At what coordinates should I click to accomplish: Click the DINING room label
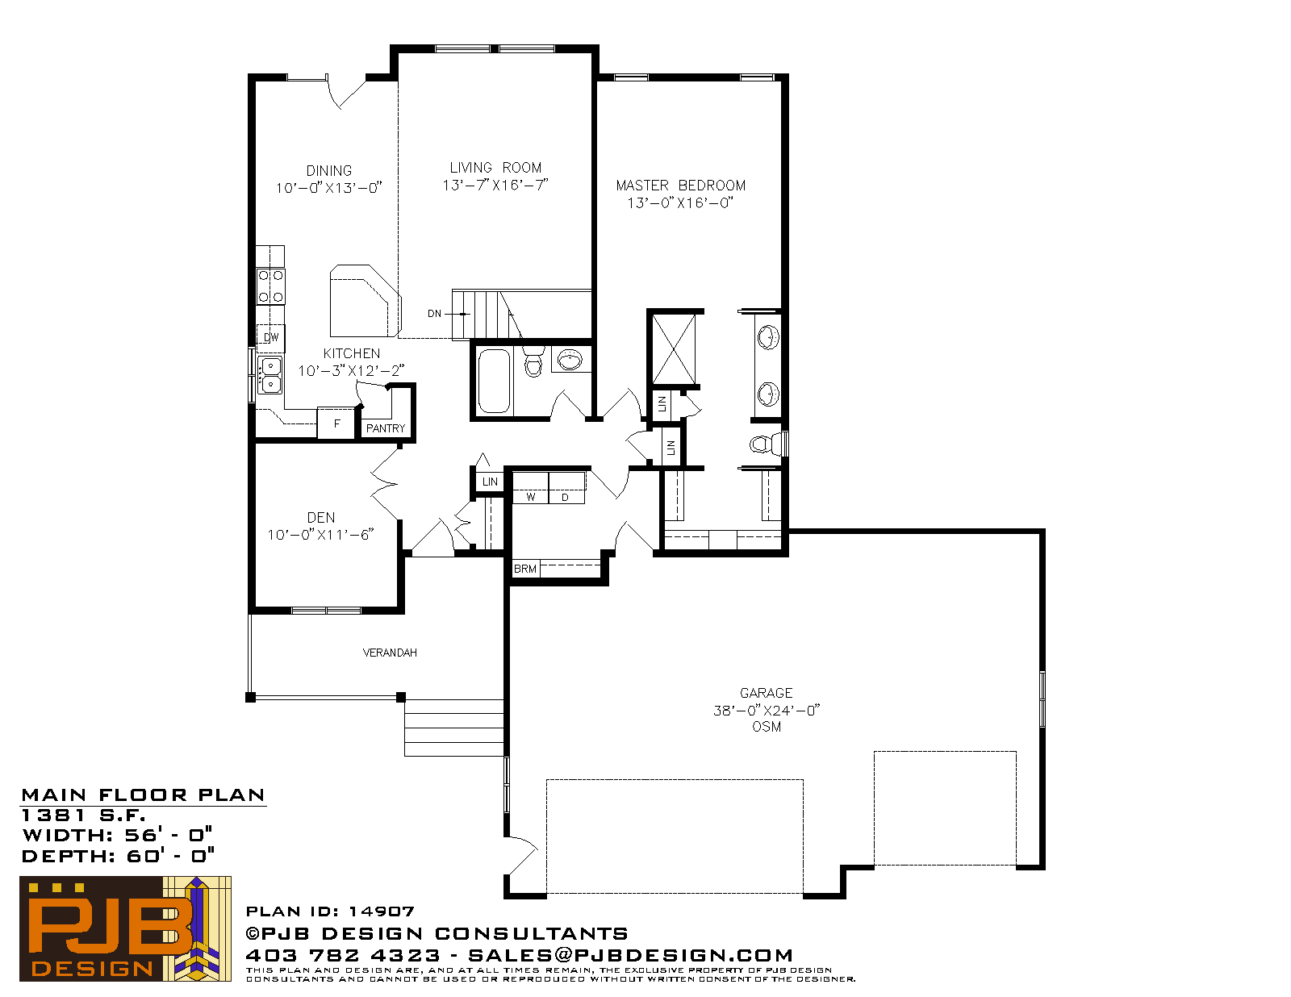328,171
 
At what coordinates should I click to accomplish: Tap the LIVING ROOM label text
495,168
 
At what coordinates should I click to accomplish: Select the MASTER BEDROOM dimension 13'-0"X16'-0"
680,203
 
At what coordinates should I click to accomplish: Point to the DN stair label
434,314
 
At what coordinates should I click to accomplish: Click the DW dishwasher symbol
271,338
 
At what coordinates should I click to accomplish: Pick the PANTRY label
386,428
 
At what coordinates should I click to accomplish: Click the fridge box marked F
336,423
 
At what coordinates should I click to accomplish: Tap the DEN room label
321,518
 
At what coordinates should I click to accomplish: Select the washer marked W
531,489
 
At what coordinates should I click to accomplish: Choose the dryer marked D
566,489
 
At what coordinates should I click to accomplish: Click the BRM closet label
525,569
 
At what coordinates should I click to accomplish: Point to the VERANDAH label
390,653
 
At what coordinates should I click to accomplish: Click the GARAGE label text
767,693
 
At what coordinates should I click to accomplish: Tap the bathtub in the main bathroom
495,381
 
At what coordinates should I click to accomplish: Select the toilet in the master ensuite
767,444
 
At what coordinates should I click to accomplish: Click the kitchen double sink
271,375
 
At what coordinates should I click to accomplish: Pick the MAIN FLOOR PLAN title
143,795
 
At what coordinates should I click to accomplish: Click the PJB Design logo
125,928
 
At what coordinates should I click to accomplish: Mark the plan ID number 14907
382,911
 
